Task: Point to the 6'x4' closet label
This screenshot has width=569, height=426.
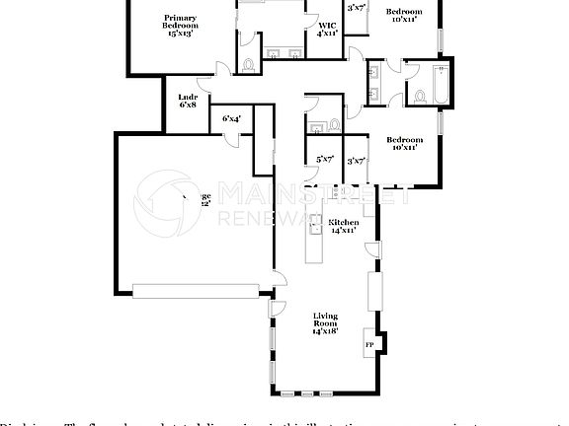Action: pyautogui.click(x=232, y=118)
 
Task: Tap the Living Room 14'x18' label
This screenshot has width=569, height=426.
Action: pyautogui.click(x=325, y=323)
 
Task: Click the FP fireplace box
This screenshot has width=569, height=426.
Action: pyautogui.click(x=370, y=345)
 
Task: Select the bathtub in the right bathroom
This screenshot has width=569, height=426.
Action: pyautogui.click(x=440, y=84)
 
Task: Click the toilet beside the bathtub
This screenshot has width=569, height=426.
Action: pyautogui.click(x=419, y=96)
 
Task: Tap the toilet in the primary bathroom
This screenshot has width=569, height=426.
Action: pyautogui.click(x=248, y=64)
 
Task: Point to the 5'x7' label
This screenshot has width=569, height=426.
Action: pyautogui.click(x=324, y=159)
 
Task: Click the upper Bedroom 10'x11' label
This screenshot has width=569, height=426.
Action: pyautogui.click(x=405, y=16)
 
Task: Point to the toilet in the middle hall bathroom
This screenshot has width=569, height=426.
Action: pyautogui.click(x=335, y=124)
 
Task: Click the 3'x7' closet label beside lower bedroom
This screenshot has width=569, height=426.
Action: pyautogui.click(x=356, y=160)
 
